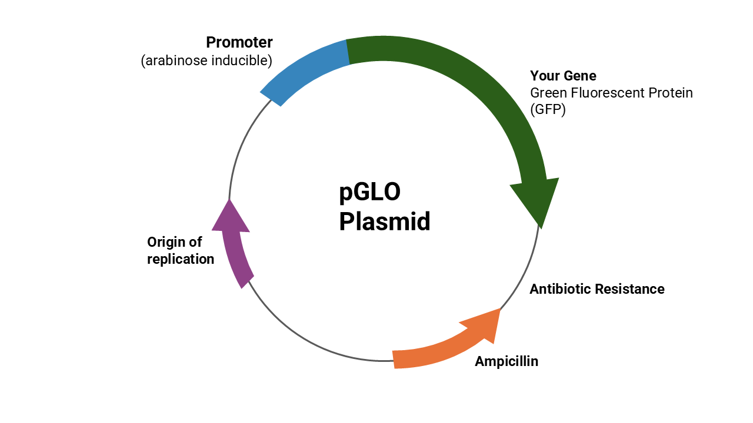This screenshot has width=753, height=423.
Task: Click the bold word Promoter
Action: pos(239,42)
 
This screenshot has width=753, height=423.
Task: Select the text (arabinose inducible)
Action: pos(206,61)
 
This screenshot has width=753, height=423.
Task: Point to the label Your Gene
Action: pos(563,76)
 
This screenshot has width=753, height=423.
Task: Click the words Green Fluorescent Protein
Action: pos(611,93)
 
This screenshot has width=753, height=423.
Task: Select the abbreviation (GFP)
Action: pos(548,109)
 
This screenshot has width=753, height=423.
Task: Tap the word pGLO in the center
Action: pos(370,193)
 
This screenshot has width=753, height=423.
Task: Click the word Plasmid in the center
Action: pos(385,221)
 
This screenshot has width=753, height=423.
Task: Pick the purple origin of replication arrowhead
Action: pos(231,217)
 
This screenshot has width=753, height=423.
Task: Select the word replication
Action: pos(181,259)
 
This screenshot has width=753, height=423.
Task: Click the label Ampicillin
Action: pos(507,361)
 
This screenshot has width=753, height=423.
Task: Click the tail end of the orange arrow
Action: pos(394,360)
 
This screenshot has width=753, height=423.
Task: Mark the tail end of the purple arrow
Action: pos(248,283)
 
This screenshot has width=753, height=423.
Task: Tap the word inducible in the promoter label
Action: pos(242,61)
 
